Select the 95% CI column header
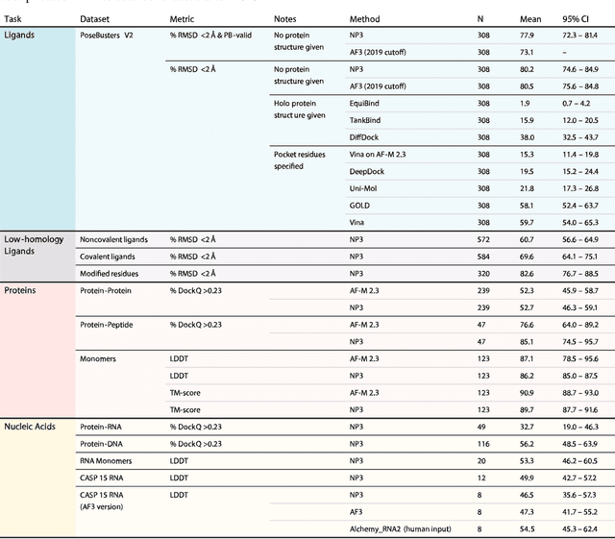point(578,18)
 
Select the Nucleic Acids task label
point(35,427)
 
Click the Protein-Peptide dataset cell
point(106,325)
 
